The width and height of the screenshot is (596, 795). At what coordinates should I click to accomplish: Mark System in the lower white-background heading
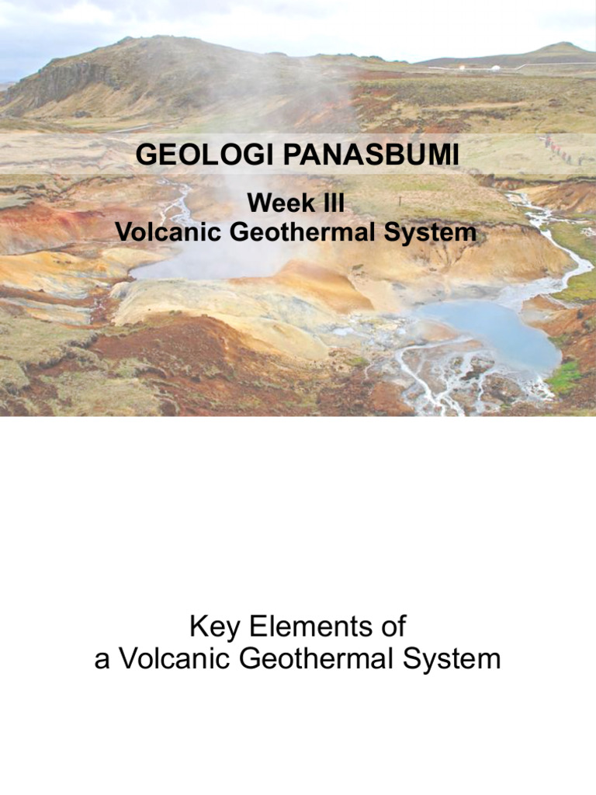tap(456, 659)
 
